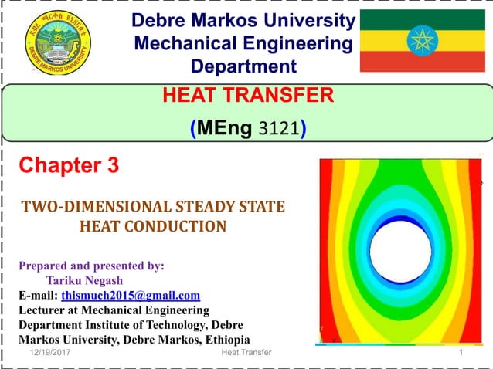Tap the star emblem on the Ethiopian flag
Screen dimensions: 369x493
423,41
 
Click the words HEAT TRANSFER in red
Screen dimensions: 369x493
249,95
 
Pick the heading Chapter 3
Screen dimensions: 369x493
69,165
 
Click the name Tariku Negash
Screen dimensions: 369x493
84,280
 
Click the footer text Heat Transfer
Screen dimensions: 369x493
241,353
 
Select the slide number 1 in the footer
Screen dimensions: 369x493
461,353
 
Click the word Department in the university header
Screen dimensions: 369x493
243,66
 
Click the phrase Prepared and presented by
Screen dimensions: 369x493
91,266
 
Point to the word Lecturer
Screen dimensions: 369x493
44,310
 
